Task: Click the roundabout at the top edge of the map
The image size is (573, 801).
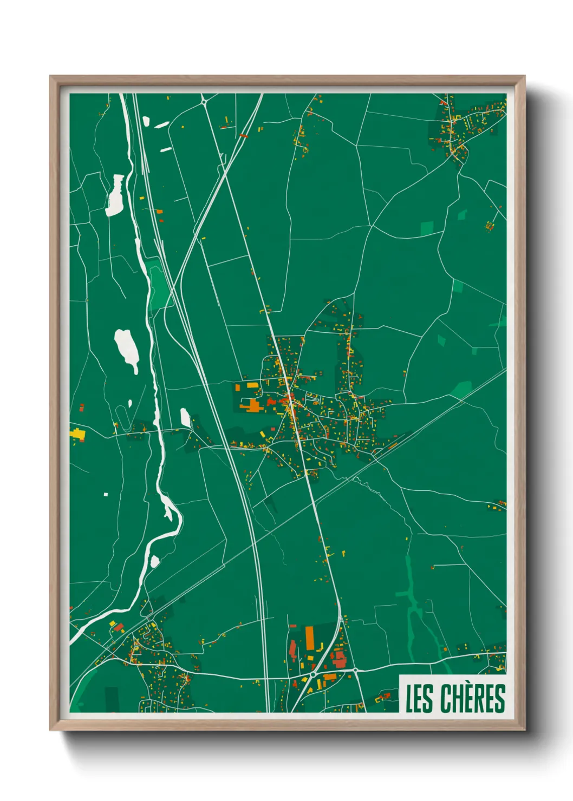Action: click(x=204, y=101)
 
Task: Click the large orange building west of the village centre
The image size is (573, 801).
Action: click(x=252, y=405)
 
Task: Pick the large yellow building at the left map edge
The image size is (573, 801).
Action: click(x=77, y=434)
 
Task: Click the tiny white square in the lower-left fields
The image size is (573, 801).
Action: click(x=106, y=494)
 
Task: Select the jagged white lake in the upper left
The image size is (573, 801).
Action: click(x=115, y=195)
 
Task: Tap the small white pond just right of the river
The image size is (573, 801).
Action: click(x=185, y=417)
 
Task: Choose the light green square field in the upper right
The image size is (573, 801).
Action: click(x=427, y=229)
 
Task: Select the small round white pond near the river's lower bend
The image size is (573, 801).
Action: click(x=155, y=561)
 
